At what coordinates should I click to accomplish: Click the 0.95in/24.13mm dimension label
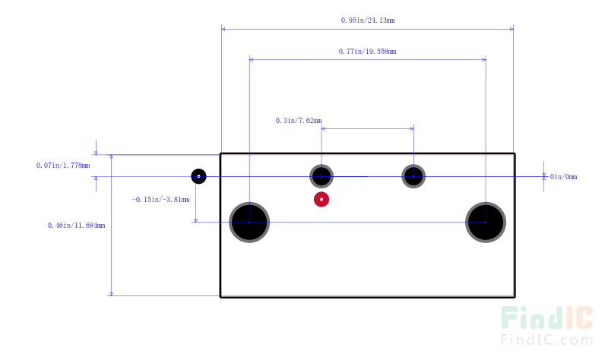tap(368, 21)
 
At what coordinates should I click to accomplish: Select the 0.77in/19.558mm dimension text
tap(367, 52)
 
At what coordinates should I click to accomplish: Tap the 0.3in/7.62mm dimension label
tap(299, 121)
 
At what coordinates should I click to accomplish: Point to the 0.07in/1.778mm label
tap(63, 166)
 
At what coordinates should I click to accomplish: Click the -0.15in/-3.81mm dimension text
tap(161, 200)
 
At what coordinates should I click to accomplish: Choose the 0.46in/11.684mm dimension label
tap(77, 226)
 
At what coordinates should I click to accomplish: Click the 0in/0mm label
tap(563, 177)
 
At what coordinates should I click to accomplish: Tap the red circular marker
tap(321, 200)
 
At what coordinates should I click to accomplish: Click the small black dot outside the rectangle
tap(198, 176)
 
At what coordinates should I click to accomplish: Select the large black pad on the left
tap(249, 223)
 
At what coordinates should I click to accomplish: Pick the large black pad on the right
tap(486, 223)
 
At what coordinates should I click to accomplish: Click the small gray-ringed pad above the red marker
tap(321, 176)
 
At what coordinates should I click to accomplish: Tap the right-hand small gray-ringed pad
tap(413, 176)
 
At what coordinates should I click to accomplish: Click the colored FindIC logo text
tap(546, 317)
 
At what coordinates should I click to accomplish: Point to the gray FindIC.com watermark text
tap(546, 339)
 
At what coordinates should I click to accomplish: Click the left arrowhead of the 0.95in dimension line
tap(223, 29)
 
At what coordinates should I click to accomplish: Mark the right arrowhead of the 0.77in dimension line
tap(484, 60)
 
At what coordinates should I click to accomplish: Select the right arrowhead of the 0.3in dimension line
tap(412, 128)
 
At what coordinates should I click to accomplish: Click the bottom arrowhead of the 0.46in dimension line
tap(111, 294)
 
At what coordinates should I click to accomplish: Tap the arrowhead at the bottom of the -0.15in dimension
tap(195, 220)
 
